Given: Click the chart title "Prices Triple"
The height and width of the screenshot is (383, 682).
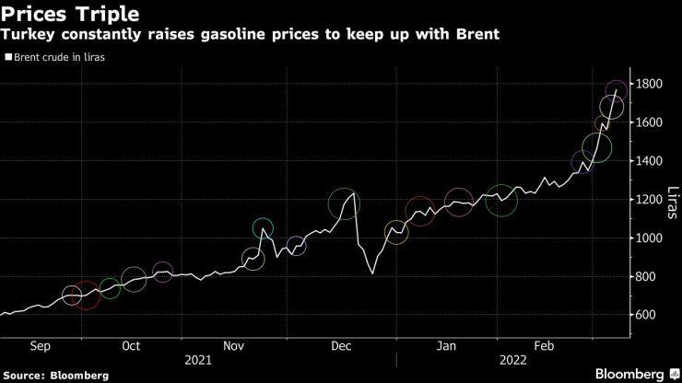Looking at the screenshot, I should pyautogui.click(x=70, y=15).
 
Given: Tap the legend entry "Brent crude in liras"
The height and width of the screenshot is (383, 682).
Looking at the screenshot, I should pyautogui.click(x=64, y=58).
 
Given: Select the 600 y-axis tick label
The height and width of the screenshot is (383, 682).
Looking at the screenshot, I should pyautogui.click(x=650, y=316).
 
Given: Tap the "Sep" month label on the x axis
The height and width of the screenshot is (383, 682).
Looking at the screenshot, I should pyautogui.click(x=40, y=346).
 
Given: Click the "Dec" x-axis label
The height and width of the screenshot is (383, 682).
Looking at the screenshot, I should pyautogui.click(x=342, y=346).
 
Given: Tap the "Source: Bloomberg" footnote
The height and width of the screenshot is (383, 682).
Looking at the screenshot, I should pyautogui.click(x=56, y=376).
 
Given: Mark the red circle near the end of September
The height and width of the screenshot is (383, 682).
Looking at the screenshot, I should pyautogui.click(x=86, y=296).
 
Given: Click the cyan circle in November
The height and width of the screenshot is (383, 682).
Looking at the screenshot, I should pyautogui.click(x=263, y=228).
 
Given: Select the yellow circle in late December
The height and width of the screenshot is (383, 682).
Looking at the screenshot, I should pyautogui.click(x=395, y=232).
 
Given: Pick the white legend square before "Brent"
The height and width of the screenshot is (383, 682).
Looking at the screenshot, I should pyautogui.click(x=8, y=58).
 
